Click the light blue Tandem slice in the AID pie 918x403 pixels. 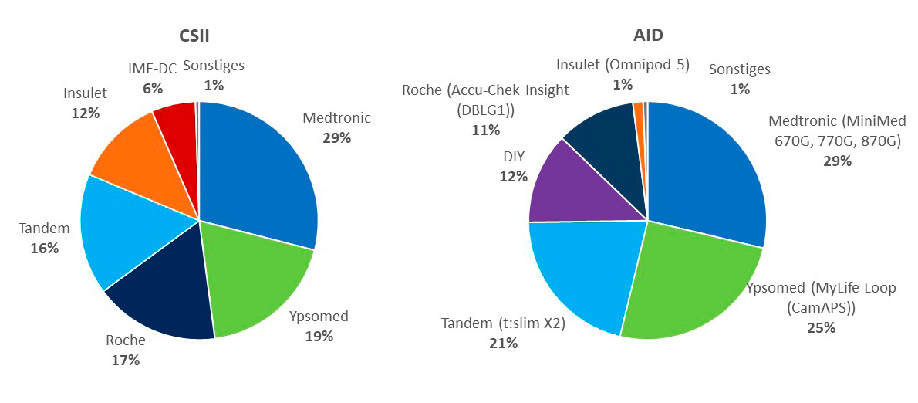(x=579, y=270)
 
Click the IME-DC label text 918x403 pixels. (x=147, y=68)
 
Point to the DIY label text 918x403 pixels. (x=513, y=157)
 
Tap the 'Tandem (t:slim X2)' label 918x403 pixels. (x=503, y=323)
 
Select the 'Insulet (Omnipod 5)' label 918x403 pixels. (x=623, y=65)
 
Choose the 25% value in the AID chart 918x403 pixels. (x=822, y=327)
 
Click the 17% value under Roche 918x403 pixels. (x=125, y=360)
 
